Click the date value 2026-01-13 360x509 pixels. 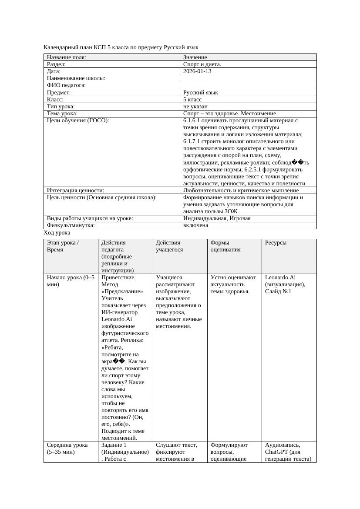197,71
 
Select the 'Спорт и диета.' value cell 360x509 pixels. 202,64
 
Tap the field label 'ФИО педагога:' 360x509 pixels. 66,85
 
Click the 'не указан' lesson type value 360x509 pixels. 195,106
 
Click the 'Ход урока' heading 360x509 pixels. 57,233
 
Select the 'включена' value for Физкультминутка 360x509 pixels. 195,225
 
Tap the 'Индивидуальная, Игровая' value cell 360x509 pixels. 217,218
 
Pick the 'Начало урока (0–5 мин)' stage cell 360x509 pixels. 71,281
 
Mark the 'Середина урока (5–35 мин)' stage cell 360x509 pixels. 67,448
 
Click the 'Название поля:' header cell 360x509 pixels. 66,57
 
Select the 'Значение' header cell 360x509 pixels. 195,57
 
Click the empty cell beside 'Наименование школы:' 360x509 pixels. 248,78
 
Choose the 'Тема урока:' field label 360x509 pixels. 62,113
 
